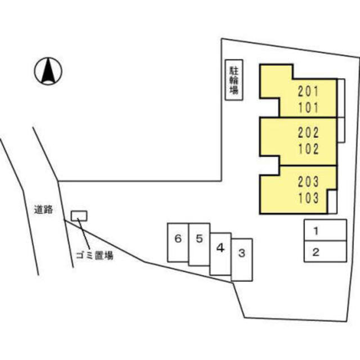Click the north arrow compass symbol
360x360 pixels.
point(48,71)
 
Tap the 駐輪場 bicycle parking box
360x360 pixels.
point(234,80)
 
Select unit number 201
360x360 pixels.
point(308,91)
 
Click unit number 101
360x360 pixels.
point(308,107)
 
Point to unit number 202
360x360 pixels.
point(308,133)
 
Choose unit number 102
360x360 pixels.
point(308,148)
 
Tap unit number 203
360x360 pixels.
point(308,181)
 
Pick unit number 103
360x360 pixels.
point(308,198)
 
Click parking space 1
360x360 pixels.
point(325,230)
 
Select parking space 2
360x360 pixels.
point(325,251)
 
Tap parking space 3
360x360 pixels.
point(242,260)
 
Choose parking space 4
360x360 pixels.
point(220,254)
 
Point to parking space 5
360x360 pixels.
point(199,245)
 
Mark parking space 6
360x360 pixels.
point(178,242)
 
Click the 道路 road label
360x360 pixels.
point(43,209)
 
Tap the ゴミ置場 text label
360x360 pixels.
point(94,255)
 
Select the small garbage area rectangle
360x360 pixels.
point(79,216)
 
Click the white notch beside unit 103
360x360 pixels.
point(332,202)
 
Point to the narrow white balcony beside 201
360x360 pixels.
point(341,98)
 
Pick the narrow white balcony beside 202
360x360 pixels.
point(341,130)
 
